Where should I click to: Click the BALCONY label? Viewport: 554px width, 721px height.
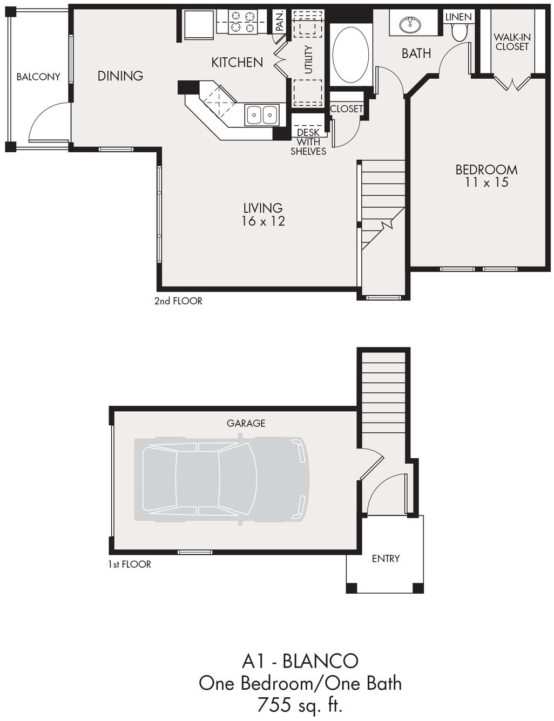click(38, 77)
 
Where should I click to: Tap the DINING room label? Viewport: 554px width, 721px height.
click(120, 76)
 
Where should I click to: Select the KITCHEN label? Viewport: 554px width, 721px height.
click(237, 63)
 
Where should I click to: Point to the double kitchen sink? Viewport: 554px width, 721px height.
click(262, 114)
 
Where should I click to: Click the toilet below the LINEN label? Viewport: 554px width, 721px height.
click(460, 33)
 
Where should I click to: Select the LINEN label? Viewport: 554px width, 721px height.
click(458, 17)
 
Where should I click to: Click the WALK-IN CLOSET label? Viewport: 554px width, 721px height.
click(512, 42)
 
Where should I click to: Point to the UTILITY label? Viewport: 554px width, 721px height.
click(308, 60)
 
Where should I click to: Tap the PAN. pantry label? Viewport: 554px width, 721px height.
click(280, 21)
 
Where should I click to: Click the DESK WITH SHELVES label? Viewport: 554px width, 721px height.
click(308, 142)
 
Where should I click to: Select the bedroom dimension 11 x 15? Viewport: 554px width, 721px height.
click(487, 182)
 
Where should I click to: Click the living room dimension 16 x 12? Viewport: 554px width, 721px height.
click(263, 221)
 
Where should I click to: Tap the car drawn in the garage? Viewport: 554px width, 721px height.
click(221, 479)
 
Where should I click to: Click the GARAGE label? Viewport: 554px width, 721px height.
click(246, 423)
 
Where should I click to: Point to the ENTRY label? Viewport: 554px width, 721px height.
click(386, 559)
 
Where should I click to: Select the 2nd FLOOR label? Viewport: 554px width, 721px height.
click(178, 301)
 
